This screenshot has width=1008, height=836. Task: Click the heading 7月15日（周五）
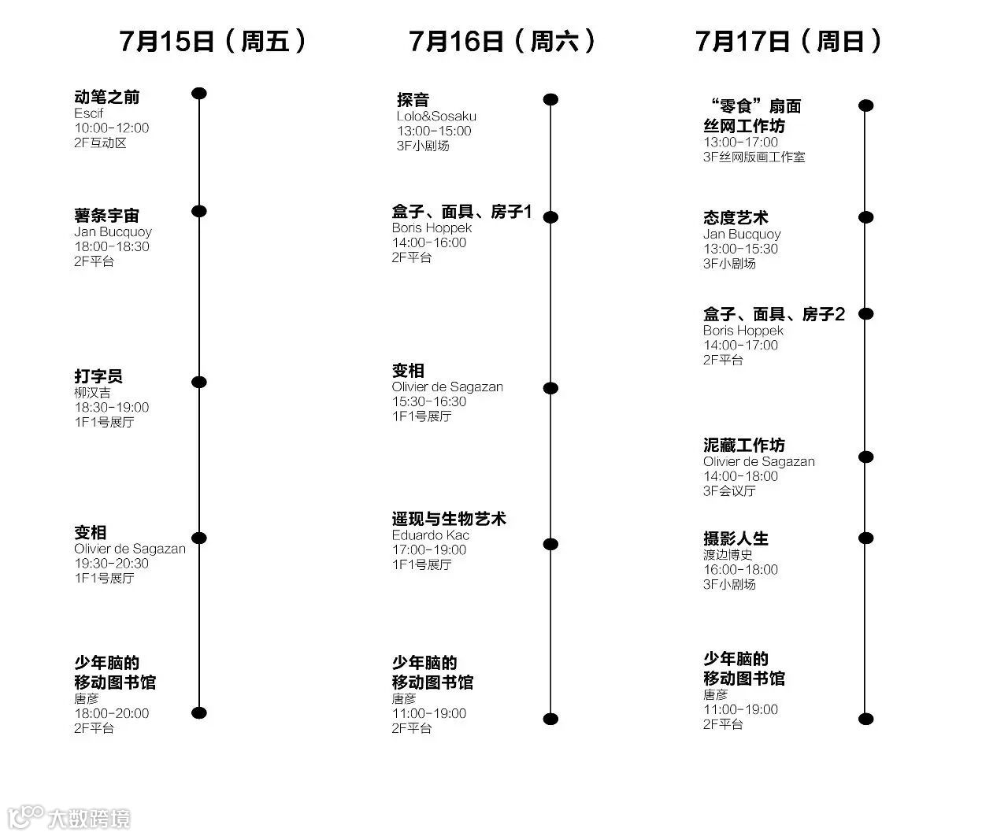(x=213, y=41)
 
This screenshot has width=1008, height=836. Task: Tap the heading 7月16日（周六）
(x=502, y=41)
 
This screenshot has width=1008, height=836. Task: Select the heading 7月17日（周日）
(x=788, y=41)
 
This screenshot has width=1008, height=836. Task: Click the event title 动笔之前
(x=106, y=97)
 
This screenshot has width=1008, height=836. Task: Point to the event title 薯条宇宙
(x=106, y=215)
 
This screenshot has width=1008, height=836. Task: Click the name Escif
(x=88, y=113)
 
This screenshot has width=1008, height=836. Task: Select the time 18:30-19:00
(x=111, y=407)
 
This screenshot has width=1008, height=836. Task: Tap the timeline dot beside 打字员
(x=199, y=383)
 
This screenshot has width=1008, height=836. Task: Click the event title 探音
(x=413, y=100)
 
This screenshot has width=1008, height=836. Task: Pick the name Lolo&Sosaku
(x=436, y=117)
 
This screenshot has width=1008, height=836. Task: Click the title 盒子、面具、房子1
(x=461, y=212)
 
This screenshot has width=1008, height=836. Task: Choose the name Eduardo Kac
(x=430, y=535)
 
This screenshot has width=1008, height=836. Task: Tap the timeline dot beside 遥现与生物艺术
(x=550, y=544)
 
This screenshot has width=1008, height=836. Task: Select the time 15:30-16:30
(x=429, y=401)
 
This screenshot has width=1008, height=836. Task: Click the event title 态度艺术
(x=736, y=218)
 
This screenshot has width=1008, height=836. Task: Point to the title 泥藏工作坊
(x=743, y=446)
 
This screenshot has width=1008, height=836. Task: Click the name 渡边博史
(x=728, y=555)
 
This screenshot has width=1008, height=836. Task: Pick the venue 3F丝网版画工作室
(x=754, y=157)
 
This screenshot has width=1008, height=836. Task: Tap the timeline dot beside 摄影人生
(x=865, y=538)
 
